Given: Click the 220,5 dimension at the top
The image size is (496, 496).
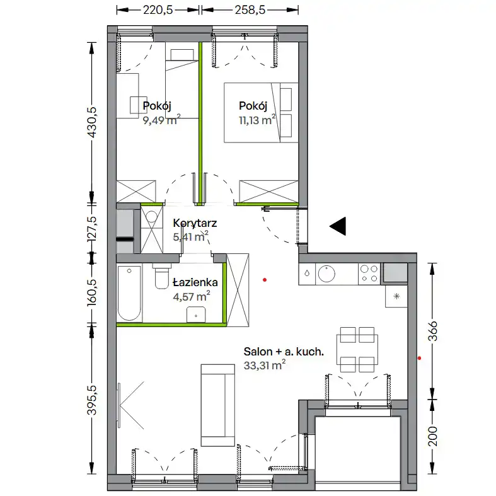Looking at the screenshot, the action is (x=158, y=10).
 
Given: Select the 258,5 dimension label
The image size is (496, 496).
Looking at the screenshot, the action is (x=250, y=10).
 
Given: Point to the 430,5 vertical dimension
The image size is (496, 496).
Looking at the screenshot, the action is (x=92, y=122).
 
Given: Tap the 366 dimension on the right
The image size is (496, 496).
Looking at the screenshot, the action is (x=432, y=331).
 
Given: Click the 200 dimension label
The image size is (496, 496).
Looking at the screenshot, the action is (x=432, y=436).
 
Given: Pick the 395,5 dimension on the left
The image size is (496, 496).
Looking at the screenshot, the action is (x=92, y=400).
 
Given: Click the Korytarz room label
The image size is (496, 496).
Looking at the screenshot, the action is (x=195, y=223).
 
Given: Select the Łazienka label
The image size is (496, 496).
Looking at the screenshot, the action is (x=195, y=282).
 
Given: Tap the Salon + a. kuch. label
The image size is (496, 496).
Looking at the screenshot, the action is (x=284, y=352).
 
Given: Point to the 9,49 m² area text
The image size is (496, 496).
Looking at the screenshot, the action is (x=161, y=120).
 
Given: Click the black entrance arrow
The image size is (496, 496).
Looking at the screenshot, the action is (x=338, y=226).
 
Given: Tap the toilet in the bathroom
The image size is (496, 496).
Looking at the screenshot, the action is (x=161, y=276).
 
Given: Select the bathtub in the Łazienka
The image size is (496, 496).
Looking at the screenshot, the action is (x=129, y=293).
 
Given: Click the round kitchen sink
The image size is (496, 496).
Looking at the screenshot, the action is (x=326, y=274).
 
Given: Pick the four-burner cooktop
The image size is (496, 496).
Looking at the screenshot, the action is (x=369, y=274).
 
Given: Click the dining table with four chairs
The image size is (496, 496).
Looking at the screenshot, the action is (x=357, y=350).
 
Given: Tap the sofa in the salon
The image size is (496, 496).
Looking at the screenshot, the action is (x=218, y=405).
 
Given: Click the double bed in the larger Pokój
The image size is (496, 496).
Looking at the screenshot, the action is (x=262, y=113).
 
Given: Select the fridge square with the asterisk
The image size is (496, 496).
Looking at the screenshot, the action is (x=396, y=296).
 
